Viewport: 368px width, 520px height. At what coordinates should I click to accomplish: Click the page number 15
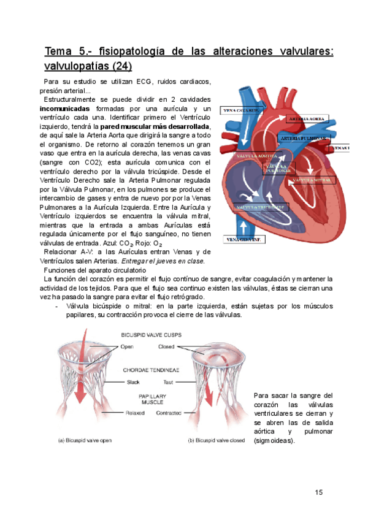[318, 492]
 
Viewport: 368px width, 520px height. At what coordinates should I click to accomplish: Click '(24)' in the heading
[119, 65]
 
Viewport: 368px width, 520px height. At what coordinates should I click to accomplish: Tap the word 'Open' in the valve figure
[128, 346]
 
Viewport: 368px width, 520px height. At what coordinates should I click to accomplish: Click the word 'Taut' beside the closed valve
[166, 382]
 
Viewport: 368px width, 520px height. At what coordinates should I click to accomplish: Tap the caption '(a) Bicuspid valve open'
[90, 440]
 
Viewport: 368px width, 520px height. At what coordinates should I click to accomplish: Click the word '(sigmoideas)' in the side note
[274, 440]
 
